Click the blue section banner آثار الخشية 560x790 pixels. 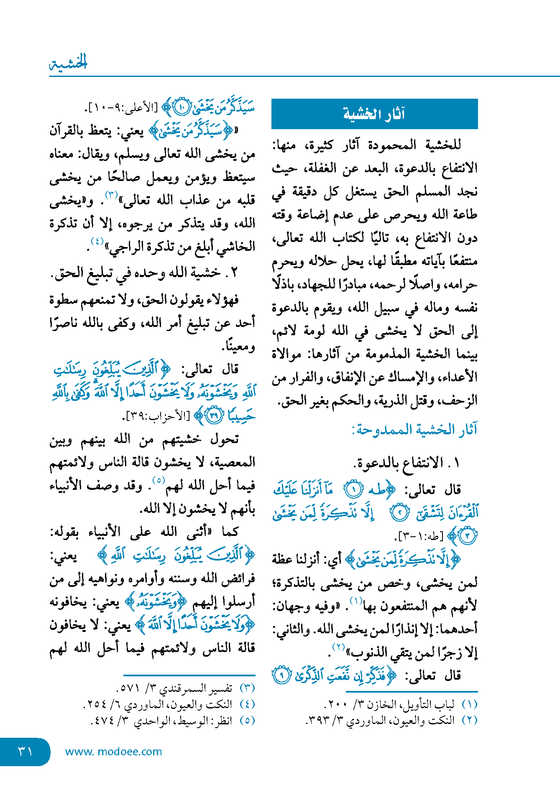(x=374, y=114)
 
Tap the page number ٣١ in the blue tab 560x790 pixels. (x=25, y=751)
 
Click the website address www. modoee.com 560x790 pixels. (x=113, y=752)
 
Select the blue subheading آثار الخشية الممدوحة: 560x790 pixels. (x=414, y=429)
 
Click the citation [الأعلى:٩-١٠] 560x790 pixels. (x=121, y=108)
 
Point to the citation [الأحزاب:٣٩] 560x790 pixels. (x=157, y=416)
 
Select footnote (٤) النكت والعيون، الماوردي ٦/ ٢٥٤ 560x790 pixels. (x=169, y=704)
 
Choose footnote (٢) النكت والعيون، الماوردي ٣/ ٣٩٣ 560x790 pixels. (x=391, y=720)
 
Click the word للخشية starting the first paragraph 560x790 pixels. (x=443, y=145)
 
